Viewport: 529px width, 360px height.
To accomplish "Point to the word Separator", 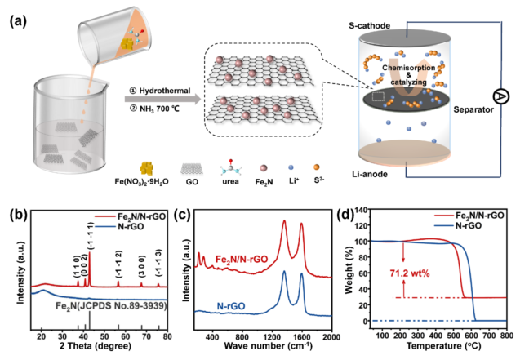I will (x=472, y=106).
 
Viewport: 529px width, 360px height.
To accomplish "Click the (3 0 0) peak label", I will (x=140, y=264).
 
